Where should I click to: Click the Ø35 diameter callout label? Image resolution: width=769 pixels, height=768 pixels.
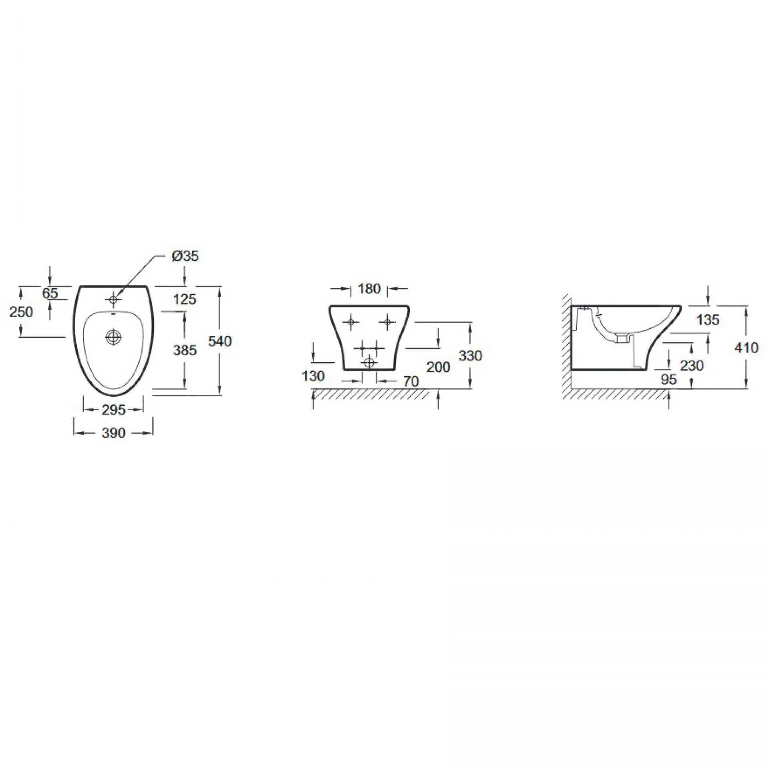(185, 256)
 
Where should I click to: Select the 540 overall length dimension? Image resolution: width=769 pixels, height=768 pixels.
(220, 341)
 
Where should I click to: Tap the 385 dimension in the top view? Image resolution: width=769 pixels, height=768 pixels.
(185, 350)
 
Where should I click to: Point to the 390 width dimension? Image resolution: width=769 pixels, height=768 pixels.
(113, 433)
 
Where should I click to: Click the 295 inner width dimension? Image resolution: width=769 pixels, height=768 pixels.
(114, 410)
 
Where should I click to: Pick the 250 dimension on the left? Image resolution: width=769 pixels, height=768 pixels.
(21, 312)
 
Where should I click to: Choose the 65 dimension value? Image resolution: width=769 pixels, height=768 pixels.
(50, 293)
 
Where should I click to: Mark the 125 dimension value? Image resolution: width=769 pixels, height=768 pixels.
(185, 299)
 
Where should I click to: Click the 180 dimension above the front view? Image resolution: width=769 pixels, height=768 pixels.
(369, 289)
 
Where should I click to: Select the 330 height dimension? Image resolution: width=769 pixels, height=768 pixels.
(471, 355)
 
